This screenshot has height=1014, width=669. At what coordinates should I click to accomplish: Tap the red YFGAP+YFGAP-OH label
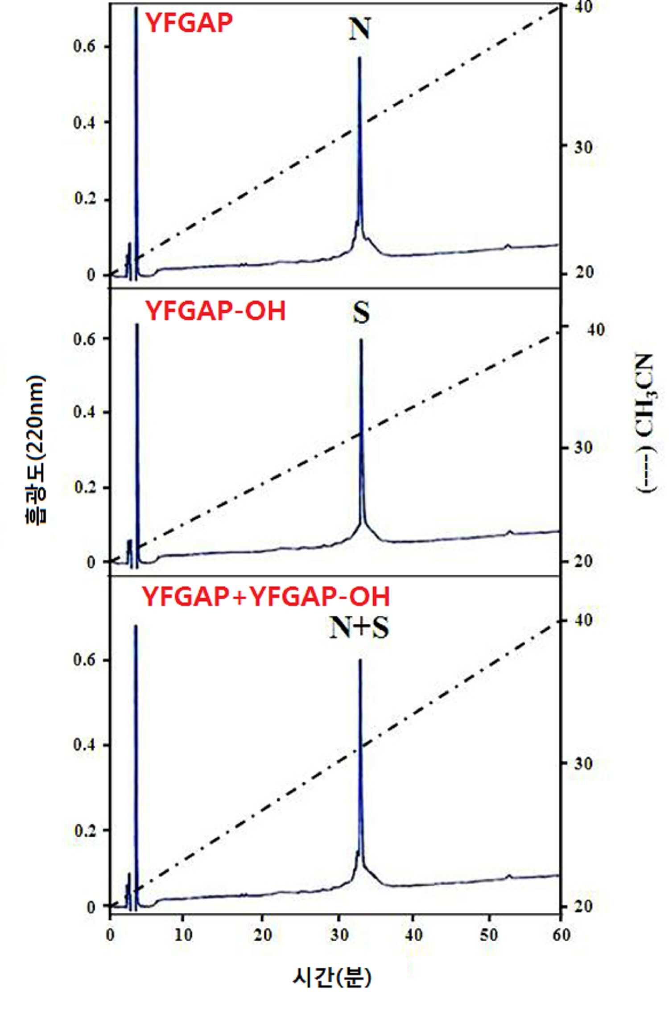[266, 596]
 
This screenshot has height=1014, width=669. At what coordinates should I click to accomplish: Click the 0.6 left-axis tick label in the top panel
[85, 46]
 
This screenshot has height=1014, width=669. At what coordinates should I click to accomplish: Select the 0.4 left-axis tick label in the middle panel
[85, 412]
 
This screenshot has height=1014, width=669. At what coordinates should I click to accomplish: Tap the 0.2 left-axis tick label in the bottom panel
[85, 830]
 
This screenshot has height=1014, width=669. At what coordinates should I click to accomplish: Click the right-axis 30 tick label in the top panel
[583, 147]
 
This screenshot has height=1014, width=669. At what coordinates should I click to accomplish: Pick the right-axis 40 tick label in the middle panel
[596, 330]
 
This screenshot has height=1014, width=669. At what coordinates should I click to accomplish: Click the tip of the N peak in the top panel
[359, 57]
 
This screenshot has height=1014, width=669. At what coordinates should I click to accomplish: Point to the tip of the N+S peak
[360, 660]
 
